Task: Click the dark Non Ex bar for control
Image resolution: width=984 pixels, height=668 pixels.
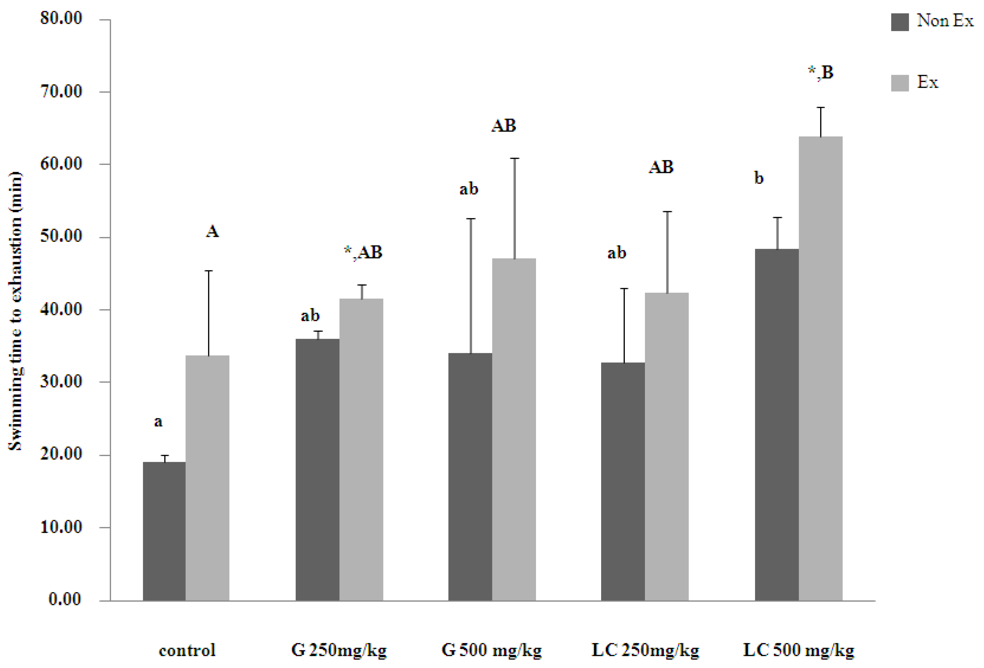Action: point(164,531)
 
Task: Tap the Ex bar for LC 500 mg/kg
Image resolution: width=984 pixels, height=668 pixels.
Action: point(820,368)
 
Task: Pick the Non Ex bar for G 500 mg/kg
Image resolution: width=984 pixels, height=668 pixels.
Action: point(470,476)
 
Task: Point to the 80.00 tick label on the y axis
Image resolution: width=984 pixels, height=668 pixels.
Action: point(62,18)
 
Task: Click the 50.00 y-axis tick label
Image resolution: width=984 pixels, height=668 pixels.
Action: point(62,236)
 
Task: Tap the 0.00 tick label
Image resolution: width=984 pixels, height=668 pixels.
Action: point(65,599)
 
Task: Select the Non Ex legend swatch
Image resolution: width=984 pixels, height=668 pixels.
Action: point(900,22)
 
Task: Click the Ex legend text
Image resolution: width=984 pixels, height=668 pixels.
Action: point(927,82)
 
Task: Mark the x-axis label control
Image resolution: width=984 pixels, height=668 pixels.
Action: point(187,650)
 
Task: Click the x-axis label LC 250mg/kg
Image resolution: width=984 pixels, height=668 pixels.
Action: point(645,650)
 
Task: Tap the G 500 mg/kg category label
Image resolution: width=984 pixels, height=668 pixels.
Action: point(491,650)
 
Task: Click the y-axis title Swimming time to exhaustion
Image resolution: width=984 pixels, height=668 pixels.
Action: point(16,311)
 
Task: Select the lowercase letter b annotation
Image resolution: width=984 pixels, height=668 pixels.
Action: point(759,178)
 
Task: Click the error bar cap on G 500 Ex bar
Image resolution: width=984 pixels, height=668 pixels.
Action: point(514,158)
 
